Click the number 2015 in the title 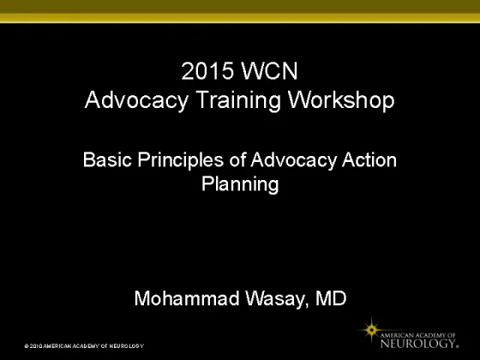[x=207, y=71]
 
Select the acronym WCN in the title [x=270, y=71]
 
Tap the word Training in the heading [x=238, y=100]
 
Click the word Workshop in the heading [x=341, y=100]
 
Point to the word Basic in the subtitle [x=107, y=159]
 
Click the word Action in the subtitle [x=369, y=159]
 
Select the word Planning [x=240, y=185]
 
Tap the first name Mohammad [x=187, y=298]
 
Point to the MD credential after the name [x=331, y=298]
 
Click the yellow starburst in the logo [x=371, y=330]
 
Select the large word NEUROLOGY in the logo [x=419, y=343]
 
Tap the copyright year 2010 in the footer [x=36, y=346]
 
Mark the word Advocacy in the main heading [x=136, y=101]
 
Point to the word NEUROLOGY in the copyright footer [x=127, y=346]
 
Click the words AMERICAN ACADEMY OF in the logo [x=418, y=335]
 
